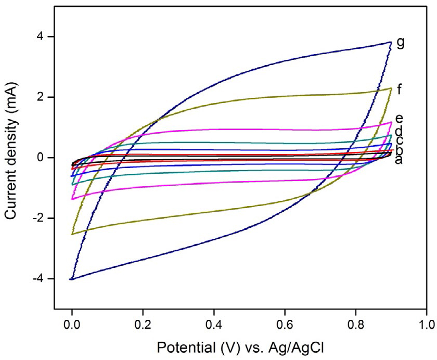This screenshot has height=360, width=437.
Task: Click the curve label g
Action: pos(400,43)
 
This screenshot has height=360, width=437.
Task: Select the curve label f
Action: pos(399,89)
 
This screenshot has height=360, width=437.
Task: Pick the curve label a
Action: pos(399,160)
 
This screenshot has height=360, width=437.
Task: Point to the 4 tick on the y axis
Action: pos(45,36)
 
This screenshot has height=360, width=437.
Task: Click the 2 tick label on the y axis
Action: pos(45,97)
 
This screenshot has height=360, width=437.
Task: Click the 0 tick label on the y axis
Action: pos(45,158)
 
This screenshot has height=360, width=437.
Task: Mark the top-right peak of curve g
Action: pos(390,42)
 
